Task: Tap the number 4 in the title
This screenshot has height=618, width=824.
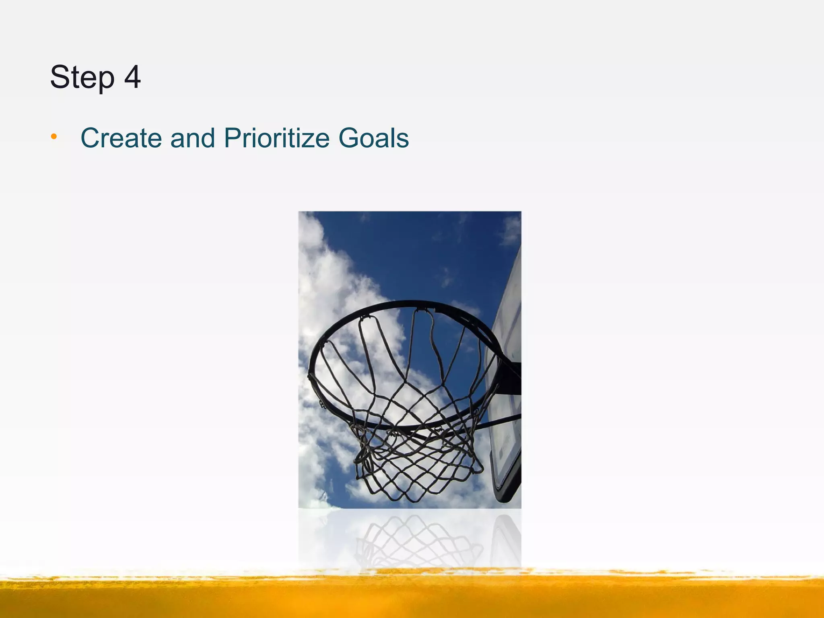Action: click(x=132, y=77)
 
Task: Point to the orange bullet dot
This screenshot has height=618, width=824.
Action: click(x=54, y=138)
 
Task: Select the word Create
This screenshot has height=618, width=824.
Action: click(x=121, y=138)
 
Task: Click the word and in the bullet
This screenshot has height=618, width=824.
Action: click(x=193, y=138)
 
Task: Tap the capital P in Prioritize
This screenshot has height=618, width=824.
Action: click(x=233, y=138)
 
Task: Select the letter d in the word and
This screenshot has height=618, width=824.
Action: click(x=208, y=138)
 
